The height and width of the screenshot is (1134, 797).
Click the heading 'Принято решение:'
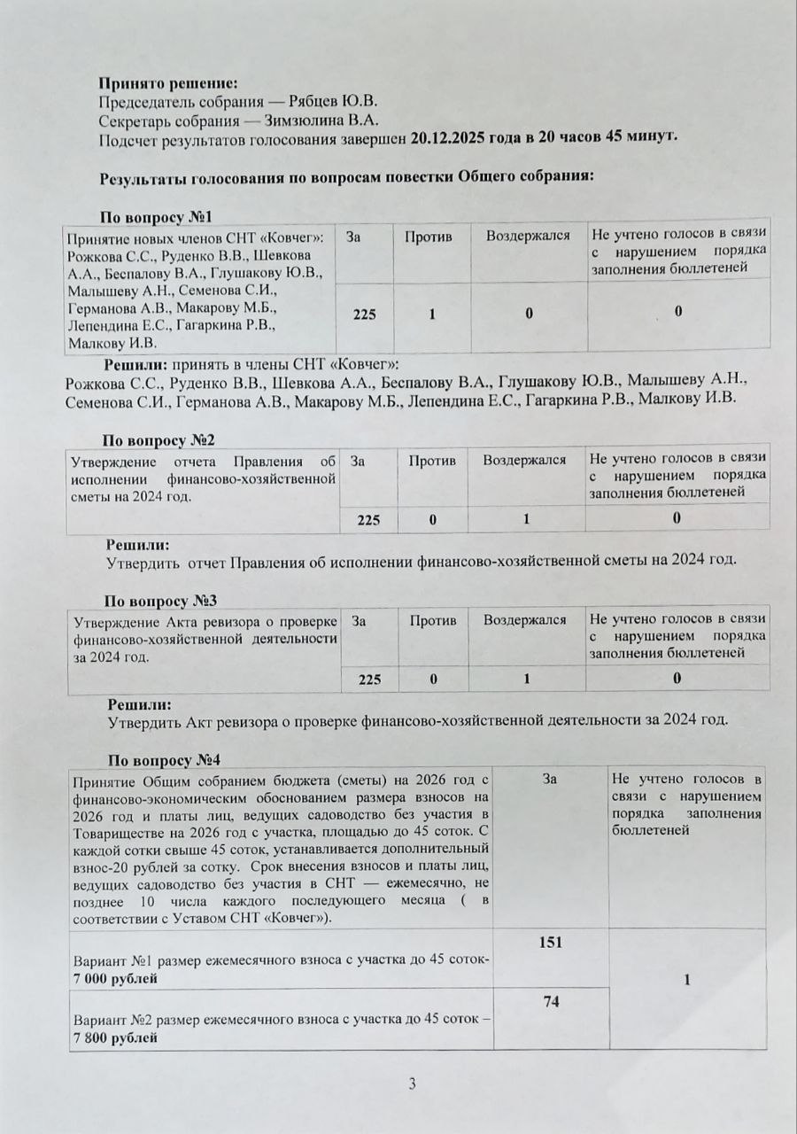point(168,83)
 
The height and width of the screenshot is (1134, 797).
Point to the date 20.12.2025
point(450,139)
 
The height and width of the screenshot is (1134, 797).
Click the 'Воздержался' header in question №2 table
point(525,460)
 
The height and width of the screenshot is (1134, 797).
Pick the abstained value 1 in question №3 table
point(525,680)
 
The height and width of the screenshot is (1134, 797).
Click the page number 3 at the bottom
point(412,1083)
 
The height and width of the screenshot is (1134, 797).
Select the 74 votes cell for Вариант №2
point(551,999)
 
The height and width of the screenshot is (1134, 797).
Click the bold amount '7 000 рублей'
point(115,979)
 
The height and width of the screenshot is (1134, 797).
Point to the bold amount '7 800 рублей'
point(116,1037)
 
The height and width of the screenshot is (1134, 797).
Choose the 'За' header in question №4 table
point(550,779)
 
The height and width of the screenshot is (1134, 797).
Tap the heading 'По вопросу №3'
point(161,601)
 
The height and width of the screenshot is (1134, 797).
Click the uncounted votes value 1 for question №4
point(687,980)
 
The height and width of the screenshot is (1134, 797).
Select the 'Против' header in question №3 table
point(433,620)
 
